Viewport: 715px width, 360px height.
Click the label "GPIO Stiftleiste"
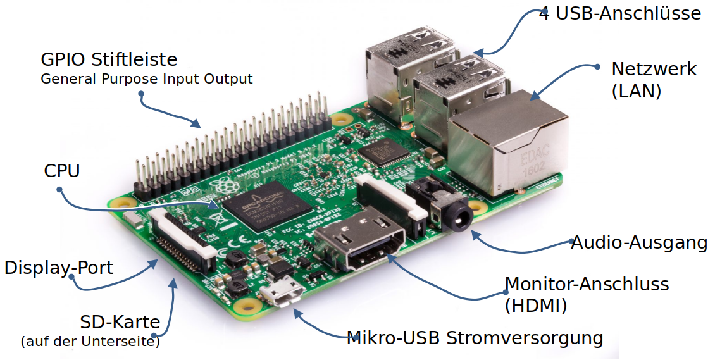(109, 60)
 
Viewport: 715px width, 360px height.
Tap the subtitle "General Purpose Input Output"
(146, 79)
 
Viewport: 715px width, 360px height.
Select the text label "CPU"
(62, 171)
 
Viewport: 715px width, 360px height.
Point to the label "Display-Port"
(59, 268)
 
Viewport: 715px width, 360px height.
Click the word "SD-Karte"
(120, 322)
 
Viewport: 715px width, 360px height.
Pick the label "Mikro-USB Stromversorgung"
(475, 337)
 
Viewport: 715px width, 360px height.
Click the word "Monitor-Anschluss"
(587, 284)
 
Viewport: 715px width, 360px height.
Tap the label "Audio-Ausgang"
(639, 242)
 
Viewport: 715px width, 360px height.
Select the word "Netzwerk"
(654, 69)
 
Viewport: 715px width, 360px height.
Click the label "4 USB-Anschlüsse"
(620, 13)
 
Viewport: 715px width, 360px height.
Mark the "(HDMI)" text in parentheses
(535, 306)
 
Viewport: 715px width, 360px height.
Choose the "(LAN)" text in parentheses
(636, 91)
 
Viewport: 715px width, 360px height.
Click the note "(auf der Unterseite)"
(90, 342)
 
